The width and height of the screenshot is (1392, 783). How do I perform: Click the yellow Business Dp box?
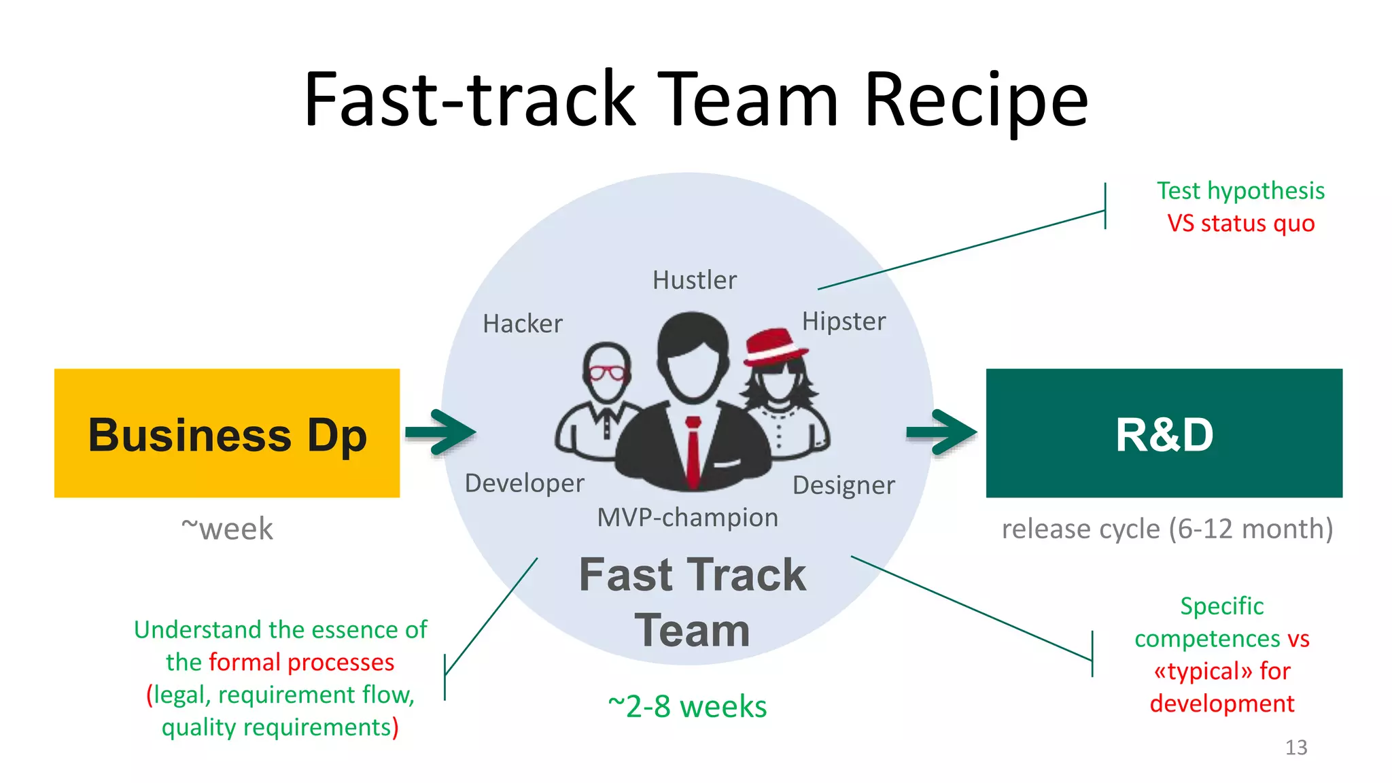226,433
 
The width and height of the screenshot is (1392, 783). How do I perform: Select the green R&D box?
1164,433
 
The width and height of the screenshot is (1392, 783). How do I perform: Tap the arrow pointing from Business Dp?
440,432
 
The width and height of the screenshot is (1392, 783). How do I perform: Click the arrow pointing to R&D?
942,432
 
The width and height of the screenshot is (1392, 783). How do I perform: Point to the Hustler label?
694,280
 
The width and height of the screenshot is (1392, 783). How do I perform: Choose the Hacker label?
523,324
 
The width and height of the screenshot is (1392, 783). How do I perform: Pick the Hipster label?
843,321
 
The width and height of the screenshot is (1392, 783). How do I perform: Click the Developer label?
524,483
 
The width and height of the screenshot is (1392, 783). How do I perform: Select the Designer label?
843,485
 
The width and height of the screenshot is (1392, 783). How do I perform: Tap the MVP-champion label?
687,518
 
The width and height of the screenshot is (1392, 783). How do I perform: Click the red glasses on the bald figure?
607,372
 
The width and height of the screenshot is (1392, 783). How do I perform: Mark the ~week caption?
227,529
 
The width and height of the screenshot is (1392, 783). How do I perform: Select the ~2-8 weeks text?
687,707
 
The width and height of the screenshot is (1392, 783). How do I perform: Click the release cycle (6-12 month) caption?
1167,529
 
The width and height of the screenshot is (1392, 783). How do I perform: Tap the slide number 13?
1295,748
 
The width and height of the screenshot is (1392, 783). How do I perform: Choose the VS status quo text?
1240,224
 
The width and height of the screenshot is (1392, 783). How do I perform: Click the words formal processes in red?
301,663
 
